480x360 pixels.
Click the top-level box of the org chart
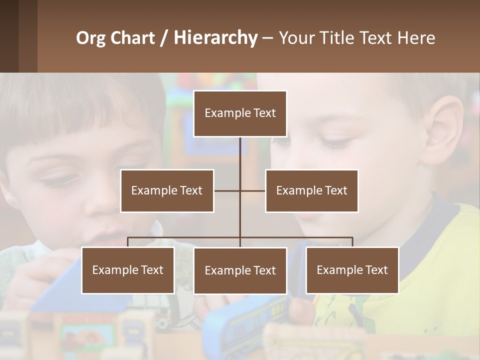tap(240, 113)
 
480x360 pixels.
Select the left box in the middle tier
tap(167, 190)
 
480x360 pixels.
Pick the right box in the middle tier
tap(311, 190)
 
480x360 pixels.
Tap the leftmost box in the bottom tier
tap(127, 270)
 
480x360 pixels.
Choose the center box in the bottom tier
tap(240, 270)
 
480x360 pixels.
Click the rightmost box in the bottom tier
tap(352, 270)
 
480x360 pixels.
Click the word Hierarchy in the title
tap(215, 38)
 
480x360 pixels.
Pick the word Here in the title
tap(417, 38)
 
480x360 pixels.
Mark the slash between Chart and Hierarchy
tap(164, 38)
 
